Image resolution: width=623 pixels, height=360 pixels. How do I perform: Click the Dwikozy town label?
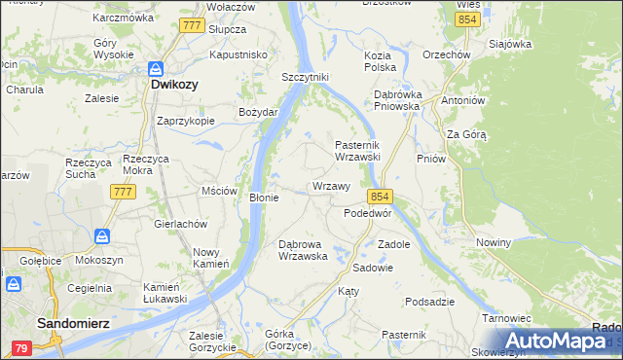tap(175, 85)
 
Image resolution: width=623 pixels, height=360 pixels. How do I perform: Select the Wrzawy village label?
tap(331, 186)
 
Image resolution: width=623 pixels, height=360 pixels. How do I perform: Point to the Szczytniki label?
tap(306, 77)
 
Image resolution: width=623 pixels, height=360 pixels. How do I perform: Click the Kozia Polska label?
tap(380, 61)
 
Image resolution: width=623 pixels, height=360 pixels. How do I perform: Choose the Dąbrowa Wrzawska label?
tap(309, 250)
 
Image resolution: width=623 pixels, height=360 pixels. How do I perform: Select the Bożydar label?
tap(259, 112)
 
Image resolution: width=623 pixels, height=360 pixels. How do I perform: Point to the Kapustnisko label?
tap(238, 55)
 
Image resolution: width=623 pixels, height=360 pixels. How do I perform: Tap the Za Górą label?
tap(466, 134)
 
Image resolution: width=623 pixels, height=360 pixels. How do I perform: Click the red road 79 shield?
tap(20, 347)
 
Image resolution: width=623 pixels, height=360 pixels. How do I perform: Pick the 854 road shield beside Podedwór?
tap(380, 196)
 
